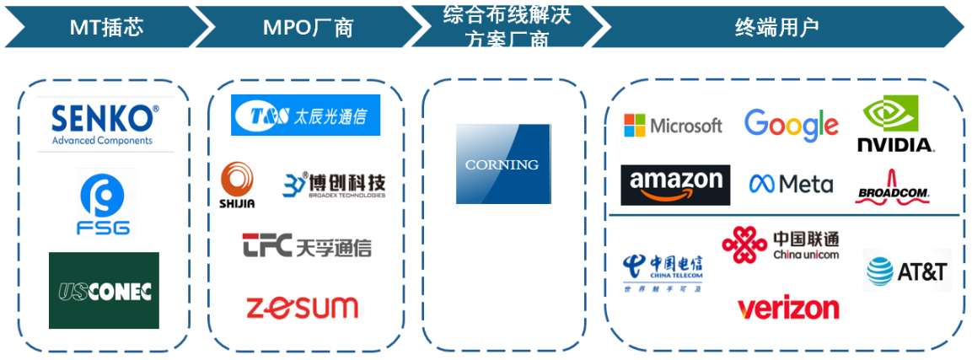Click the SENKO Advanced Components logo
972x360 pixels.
(x=105, y=124)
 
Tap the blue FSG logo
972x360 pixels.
(x=105, y=202)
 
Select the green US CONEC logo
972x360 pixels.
(x=104, y=290)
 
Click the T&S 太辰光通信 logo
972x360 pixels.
(x=305, y=116)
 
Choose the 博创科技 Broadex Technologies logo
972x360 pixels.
(x=334, y=185)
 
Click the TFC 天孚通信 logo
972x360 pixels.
(x=307, y=246)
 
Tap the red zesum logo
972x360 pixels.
(x=302, y=306)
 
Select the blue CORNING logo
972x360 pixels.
(x=502, y=164)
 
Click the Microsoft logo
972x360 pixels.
(x=673, y=126)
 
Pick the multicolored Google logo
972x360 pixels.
(x=791, y=125)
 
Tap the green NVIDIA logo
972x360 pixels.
(x=894, y=124)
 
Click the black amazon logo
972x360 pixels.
(x=675, y=185)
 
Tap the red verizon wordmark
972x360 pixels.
(x=788, y=308)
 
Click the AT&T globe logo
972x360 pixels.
(x=906, y=271)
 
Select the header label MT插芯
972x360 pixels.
(x=106, y=27)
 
